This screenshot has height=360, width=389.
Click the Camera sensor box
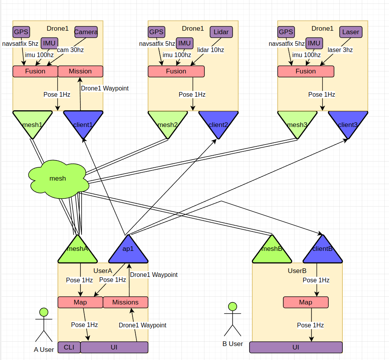coord(86,32)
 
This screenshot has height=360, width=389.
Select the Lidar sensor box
coord(221,32)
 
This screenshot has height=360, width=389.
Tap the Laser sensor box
coord(351,32)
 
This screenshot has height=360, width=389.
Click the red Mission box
coord(80,71)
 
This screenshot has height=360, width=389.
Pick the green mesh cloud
coord(58,179)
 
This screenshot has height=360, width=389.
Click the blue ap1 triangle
coord(128,250)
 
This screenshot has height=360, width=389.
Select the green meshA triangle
coord(77,250)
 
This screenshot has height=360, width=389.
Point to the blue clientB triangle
coord(323,250)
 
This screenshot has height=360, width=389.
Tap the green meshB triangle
coord(272,250)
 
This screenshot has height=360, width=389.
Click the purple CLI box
coord(69,347)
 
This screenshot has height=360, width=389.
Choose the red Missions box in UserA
coord(126,302)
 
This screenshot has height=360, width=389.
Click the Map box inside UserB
coord(306,302)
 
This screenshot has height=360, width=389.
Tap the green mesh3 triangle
coord(297,122)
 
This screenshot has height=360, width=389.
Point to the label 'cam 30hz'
coord(70,50)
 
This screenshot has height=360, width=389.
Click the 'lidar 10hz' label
coord(211,50)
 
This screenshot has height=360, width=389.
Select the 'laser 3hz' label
coord(340,50)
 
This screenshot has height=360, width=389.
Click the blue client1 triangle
coord(83,122)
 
